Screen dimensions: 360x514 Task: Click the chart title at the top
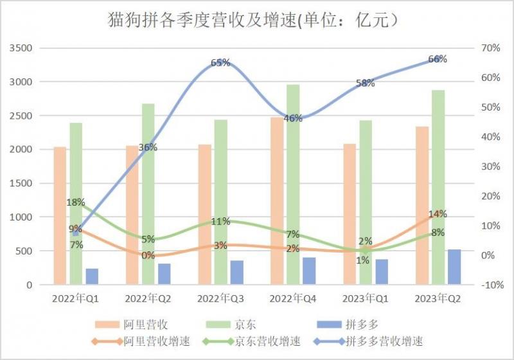click(256, 21)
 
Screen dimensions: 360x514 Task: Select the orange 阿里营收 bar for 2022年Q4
click(276, 200)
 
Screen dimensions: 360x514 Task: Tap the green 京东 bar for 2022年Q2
click(148, 194)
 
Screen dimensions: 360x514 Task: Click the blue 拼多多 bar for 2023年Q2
click(454, 267)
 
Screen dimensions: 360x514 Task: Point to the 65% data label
click(220, 62)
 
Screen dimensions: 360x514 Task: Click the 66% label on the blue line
click(438, 59)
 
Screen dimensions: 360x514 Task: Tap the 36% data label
click(148, 147)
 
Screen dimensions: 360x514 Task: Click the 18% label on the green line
click(76, 203)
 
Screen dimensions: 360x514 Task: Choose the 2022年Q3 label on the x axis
click(220, 298)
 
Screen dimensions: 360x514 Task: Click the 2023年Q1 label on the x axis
click(365, 298)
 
